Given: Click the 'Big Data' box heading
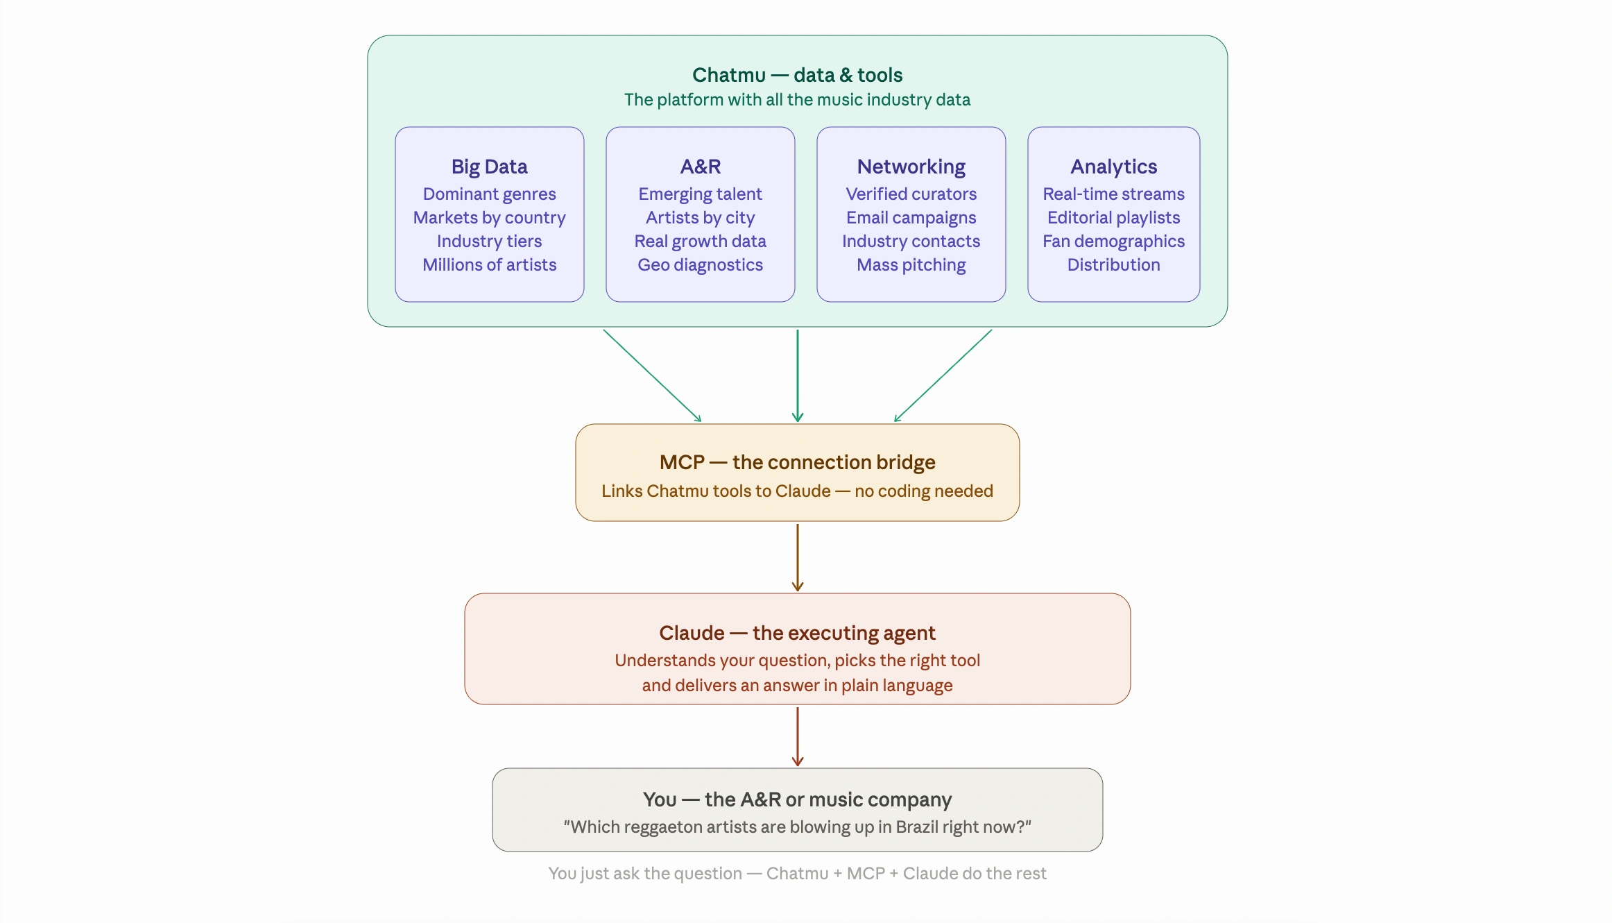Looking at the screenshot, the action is tap(489, 167).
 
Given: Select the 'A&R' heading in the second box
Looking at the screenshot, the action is tap(700, 167).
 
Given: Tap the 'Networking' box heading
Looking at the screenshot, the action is tap(911, 167).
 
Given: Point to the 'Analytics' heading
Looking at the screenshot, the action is tap(1113, 167).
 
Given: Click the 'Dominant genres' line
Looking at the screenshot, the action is tap(489, 194).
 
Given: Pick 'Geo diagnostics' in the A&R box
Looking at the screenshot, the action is tap(700, 264).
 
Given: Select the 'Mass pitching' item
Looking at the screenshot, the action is tap(911, 264).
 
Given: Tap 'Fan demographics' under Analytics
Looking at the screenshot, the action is tap(1113, 241).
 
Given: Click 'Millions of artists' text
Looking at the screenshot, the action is tap(489, 264).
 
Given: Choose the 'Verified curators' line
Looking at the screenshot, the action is tap(911, 194).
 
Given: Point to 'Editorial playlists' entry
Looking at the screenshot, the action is tap(1113, 217).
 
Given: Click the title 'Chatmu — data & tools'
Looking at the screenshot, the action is tap(797, 75).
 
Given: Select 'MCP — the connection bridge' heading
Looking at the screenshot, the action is tap(797, 462).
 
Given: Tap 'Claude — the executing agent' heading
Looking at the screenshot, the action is tap(797, 633).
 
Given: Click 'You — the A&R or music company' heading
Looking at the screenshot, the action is tap(797, 799).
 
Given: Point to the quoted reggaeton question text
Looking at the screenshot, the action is tap(797, 827).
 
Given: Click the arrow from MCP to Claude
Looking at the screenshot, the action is tap(798, 557).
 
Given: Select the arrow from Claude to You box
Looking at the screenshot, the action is tap(798, 736).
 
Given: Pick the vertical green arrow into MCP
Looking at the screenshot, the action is tap(798, 375).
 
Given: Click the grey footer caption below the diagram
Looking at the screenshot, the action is tap(797, 873).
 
